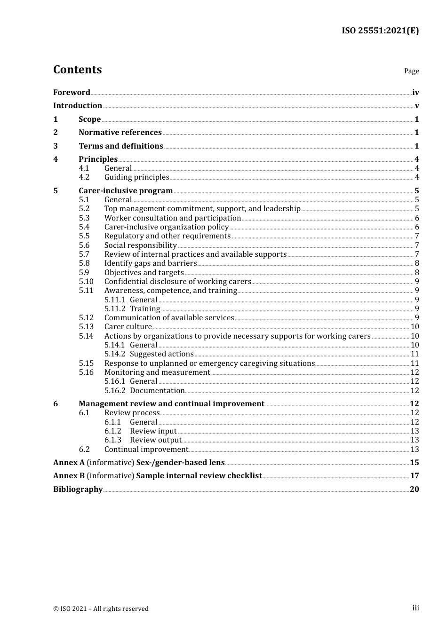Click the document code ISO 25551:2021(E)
click(380, 31)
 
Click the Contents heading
click(78, 70)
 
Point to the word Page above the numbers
click(411, 71)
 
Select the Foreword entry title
click(72, 93)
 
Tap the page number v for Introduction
click(416, 106)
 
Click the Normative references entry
click(120, 133)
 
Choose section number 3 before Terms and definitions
click(56, 146)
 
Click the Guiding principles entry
click(136, 177)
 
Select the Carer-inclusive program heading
click(126, 191)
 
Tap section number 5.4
click(84, 227)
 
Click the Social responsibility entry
click(140, 245)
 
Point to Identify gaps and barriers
click(151, 263)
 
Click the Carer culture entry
click(128, 327)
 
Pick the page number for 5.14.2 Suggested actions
click(415, 354)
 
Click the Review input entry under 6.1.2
click(153, 431)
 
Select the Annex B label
click(69, 476)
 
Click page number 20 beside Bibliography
click(414, 490)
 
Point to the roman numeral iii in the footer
click(415, 608)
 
